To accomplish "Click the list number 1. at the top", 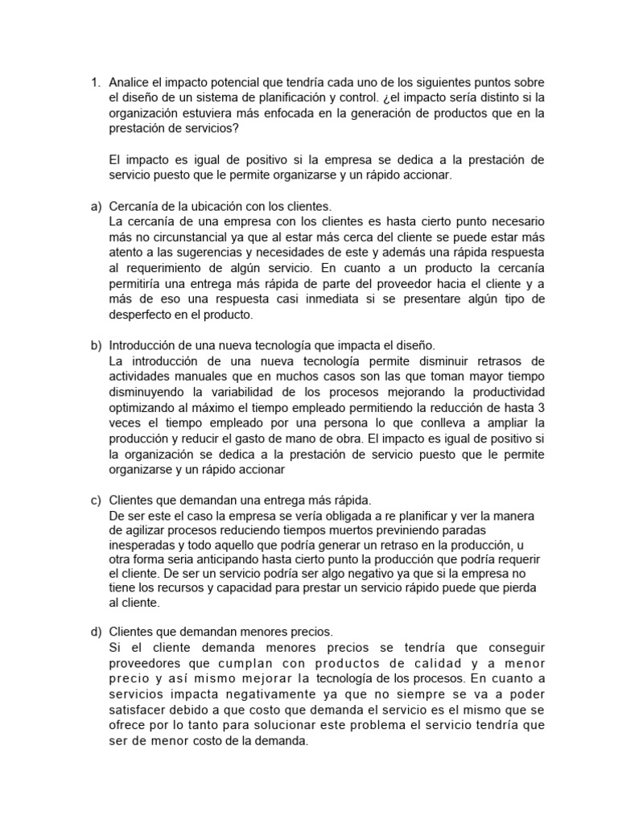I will tap(93, 83).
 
